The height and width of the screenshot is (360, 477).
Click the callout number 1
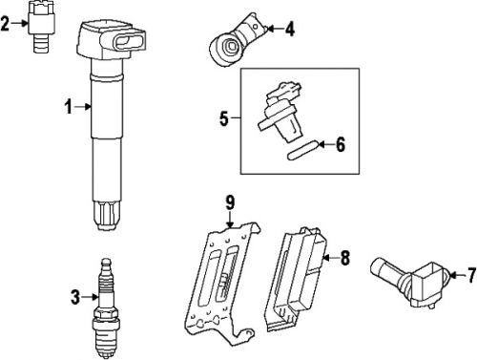pyautogui.click(x=69, y=107)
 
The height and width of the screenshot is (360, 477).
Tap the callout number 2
pyautogui.click(x=5, y=23)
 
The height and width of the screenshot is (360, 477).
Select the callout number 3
pyautogui.click(x=75, y=297)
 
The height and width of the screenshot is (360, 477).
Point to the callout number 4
pyautogui.click(x=289, y=29)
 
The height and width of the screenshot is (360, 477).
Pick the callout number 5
pyautogui.click(x=224, y=118)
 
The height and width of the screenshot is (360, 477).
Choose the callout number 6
pyautogui.click(x=341, y=145)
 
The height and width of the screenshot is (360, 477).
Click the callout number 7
pyautogui.click(x=472, y=275)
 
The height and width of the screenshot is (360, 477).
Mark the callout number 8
pyautogui.click(x=345, y=258)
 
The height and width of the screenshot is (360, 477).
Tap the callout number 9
pyautogui.click(x=230, y=202)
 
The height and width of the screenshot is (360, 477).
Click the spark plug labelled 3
pyautogui.click(x=106, y=308)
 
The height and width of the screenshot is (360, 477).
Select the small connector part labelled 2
pyautogui.click(x=41, y=26)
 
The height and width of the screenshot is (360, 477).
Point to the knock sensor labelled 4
pyautogui.click(x=237, y=40)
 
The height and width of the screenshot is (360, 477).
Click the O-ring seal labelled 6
pyautogui.click(x=302, y=150)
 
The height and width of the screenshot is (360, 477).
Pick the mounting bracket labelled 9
pyautogui.click(x=222, y=284)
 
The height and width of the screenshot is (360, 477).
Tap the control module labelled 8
pyautogui.click(x=296, y=280)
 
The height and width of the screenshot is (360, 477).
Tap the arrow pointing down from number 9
pyautogui.click(x=230, y=220)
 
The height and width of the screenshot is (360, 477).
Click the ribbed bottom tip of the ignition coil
pyautogui.click(x=107, y=215)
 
